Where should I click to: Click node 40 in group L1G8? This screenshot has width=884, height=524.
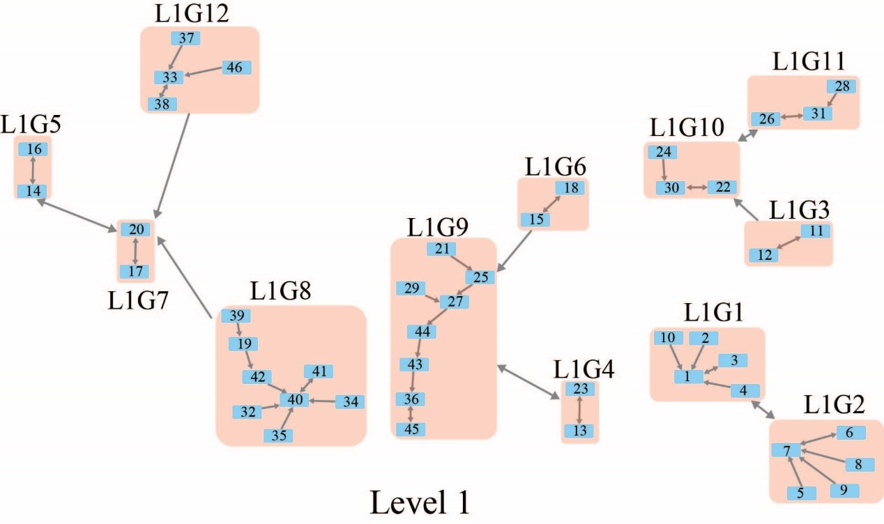[294, 400]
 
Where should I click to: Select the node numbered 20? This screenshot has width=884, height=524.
[135, 229]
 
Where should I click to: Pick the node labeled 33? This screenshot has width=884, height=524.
[168, 77]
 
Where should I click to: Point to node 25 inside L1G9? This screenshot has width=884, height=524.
[480, 277]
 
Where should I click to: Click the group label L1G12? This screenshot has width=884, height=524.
[193, 13]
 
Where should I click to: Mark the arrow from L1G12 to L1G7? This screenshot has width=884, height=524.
[172, 164]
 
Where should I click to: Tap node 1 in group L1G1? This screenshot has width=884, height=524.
[688, 376]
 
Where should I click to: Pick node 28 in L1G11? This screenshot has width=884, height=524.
[841, 86]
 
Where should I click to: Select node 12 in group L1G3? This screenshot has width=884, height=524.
[764, 256]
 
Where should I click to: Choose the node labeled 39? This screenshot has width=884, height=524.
[236, 316]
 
